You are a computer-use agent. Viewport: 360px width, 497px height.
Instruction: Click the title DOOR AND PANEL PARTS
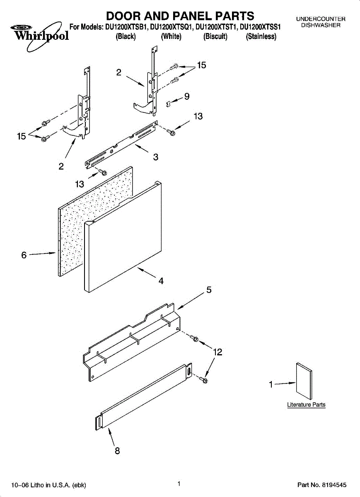[x=180, y=16]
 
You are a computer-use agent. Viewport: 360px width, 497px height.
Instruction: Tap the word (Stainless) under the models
[x=261, y=36]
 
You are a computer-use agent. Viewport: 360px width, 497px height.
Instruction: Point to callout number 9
[x=187, y=97]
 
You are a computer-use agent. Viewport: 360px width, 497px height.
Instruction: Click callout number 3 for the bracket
[x=155, y=157]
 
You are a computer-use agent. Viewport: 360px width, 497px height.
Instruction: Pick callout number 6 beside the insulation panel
[x=24, y=255]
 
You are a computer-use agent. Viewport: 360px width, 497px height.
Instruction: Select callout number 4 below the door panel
[x=161, y=281]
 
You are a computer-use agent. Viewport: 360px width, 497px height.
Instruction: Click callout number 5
[x=209, y=290]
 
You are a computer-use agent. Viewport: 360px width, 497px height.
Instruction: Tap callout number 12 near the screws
[x=217, y=352]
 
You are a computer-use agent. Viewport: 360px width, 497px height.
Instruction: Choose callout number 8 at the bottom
[x=117, y=451]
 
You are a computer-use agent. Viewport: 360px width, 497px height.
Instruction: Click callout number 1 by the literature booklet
[x=271, y=385]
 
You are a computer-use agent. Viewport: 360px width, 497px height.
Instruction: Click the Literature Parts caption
[x=306, y=405]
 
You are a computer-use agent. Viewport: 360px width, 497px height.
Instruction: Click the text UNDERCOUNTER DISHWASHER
[x=321, y=22]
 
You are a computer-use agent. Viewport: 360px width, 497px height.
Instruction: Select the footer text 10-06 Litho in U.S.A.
[x=48, y=485]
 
